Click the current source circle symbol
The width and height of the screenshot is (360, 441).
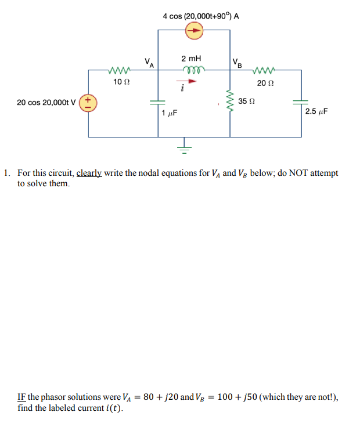(x=195, y=32)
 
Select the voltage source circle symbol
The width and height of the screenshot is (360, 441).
(x=89, y=103)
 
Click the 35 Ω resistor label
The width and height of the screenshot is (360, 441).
(x=247, y=101)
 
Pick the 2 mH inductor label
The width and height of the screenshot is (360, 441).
(x=191, y=59)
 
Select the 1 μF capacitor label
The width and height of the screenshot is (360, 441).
(x=169, y=113)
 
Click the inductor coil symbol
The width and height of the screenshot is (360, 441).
(x=191, y=70)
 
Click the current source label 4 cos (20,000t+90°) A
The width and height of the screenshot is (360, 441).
(x=201, y=16)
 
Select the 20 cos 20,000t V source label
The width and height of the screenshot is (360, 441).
(x=46, y=103)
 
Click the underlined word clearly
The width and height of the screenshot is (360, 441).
(x=89, y=173)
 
